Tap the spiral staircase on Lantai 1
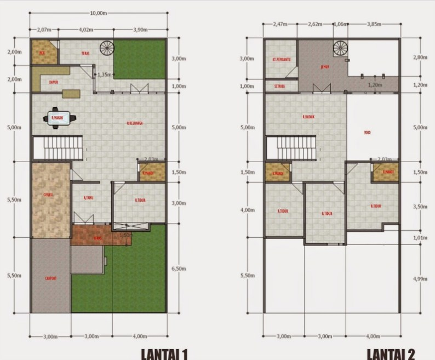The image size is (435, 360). [106, 48]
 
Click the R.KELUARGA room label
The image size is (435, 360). [135, 124]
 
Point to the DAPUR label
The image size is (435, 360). [54, 82]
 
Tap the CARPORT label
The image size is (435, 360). [50, 278]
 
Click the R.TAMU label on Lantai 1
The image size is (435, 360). [88, 197]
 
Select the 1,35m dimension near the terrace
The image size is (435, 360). [105, 75]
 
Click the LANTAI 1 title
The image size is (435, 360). [165, 353]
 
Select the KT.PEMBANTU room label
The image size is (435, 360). [281, 59]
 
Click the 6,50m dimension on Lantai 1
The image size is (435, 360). [179, 268]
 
